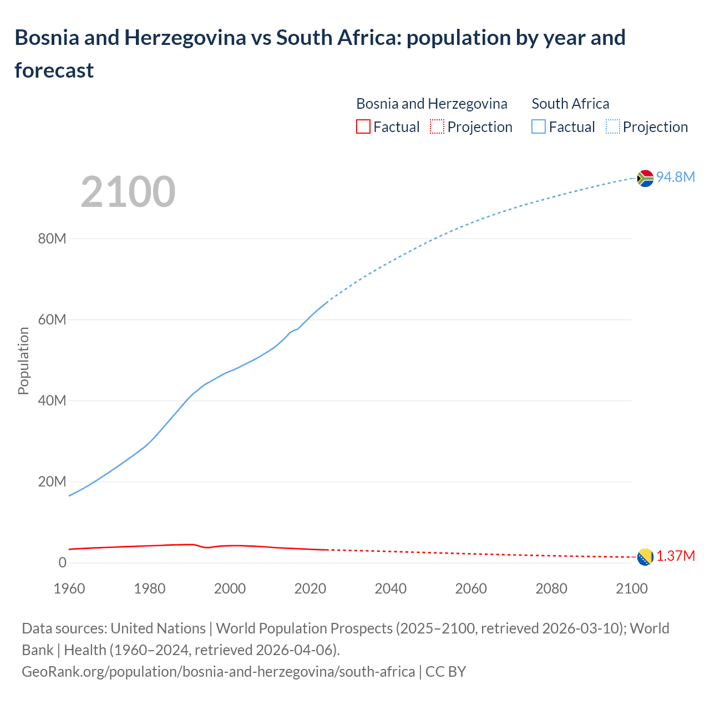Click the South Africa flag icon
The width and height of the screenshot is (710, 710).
(x=645, y=178)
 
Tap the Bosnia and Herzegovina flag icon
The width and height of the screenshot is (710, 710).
(x=645, y=557)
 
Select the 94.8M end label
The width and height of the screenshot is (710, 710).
(x=675, y=177)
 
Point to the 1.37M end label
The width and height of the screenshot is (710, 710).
(x=676, y=556)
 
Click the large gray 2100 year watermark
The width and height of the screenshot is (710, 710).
(x=128, y=192)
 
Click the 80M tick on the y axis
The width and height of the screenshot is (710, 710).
(x=52, y=239)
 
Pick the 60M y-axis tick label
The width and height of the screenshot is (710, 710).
(x=52, y=319)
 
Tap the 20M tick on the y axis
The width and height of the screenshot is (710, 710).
(x=52, y=481)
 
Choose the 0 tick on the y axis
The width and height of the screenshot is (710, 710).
(x=62, y=562)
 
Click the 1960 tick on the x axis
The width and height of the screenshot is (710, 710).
(x=69, y=589)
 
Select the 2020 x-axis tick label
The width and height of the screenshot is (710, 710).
(x=310, y=589)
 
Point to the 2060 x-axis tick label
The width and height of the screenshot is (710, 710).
(x=471, y=589)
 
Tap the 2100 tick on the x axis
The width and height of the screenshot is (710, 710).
(x=632, y=589)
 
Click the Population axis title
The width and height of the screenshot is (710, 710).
(x=23, y=361)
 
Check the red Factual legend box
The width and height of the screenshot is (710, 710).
(x=363, y=126)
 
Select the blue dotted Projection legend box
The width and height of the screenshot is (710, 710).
(x=612, y=126)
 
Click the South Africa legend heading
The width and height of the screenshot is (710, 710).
(x=570, y=104)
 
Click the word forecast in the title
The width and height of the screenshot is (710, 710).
(x=54, y=70)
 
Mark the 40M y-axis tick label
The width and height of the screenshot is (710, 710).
(x=52, y=400)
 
